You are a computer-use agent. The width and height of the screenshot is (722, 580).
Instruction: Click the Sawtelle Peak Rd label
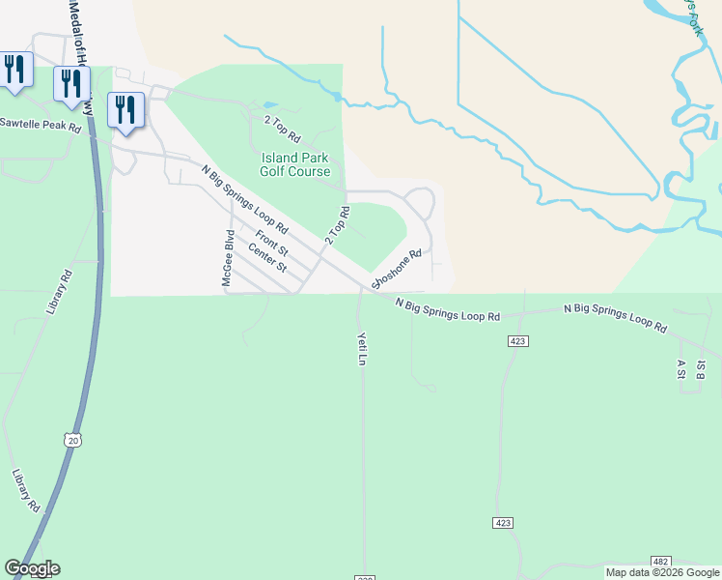(41, 125)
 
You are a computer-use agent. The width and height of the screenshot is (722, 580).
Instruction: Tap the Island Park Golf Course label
(294, 164)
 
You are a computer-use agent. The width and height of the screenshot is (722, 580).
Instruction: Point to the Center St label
(267, 258)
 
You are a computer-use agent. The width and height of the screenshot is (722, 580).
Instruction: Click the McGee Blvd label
(229, 258)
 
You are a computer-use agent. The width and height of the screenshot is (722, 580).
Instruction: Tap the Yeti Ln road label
(362, 349)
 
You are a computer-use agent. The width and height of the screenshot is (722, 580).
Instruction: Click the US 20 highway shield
(72, 440)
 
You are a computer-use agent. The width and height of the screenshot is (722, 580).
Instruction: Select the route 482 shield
(660, 561)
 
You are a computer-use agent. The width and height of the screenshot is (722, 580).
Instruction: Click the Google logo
(32, 568)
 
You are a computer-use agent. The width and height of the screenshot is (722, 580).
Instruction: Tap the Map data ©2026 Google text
(661, 572)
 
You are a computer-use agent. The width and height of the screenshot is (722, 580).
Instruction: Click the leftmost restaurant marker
(14, 71)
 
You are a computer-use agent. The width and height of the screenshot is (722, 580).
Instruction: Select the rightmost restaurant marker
(125, 110)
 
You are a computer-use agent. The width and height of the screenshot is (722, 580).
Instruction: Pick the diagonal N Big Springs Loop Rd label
(245, 200)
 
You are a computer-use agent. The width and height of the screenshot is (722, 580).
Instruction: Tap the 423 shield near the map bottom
(502, 522)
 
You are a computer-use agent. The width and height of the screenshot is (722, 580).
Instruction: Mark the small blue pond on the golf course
(269, 104)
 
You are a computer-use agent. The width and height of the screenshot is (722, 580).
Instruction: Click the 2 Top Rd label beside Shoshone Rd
(337, 223)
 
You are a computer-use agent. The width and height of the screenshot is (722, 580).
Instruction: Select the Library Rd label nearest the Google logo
(26, 492)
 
